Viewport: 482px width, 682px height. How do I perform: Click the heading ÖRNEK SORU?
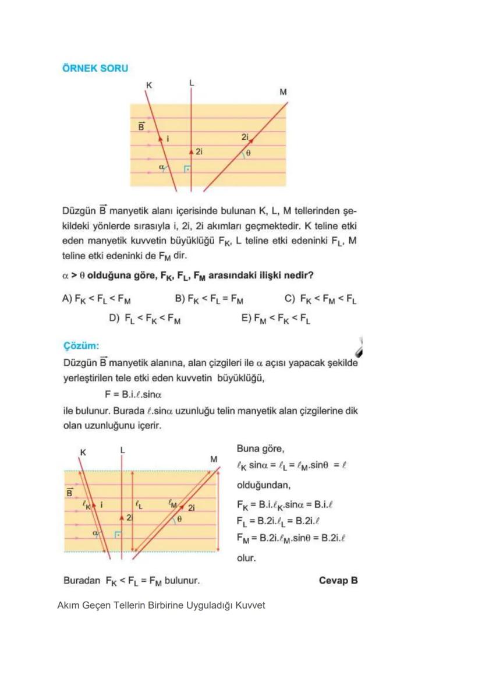click(95, 68)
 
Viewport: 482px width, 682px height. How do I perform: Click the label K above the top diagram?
click(149, 86)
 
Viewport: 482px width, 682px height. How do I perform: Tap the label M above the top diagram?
click(283, 92)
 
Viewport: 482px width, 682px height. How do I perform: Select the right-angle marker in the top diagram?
click(187, 169)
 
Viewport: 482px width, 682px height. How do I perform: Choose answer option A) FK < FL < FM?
click(96, 299)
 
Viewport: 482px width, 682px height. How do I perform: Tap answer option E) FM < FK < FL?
click(276, 319)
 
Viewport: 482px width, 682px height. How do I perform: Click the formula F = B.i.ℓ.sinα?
click(137, 394)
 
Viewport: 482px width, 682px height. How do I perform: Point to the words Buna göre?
click(260, 449)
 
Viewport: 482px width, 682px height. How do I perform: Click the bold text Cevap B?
click(338, 581)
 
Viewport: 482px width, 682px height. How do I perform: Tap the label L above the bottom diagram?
click(122, 450)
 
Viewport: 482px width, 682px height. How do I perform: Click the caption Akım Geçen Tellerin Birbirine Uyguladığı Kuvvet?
click(161, 606)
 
